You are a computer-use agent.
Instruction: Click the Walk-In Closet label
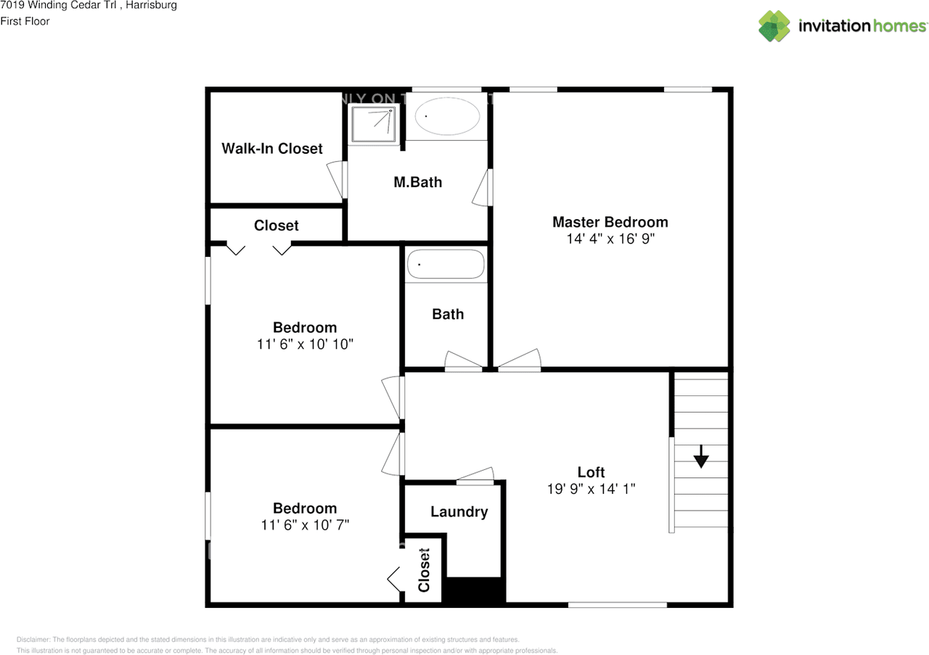coord(271,149)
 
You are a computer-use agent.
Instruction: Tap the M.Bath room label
coord(417,182)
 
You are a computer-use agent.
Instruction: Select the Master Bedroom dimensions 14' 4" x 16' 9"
coord(610,239)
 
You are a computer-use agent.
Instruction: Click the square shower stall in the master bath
coord(374,124)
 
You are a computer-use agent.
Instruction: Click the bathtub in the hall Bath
coord(446,265)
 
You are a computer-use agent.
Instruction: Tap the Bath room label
coord(448,314)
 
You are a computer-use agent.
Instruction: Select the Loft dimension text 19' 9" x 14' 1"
coord(591,489)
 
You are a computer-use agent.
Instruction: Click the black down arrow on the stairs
coord(700,458)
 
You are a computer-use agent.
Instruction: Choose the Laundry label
coord(459,511)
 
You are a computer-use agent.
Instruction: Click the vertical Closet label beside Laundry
coord(425,569)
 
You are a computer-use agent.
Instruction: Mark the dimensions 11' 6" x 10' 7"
coord(305,524)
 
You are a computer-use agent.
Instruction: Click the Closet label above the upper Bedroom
coord(276,226)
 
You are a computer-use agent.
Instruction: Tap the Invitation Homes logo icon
coord(774,26)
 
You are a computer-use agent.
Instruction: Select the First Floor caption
coord(25,21)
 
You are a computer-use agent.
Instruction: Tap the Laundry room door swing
coord(476,475)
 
